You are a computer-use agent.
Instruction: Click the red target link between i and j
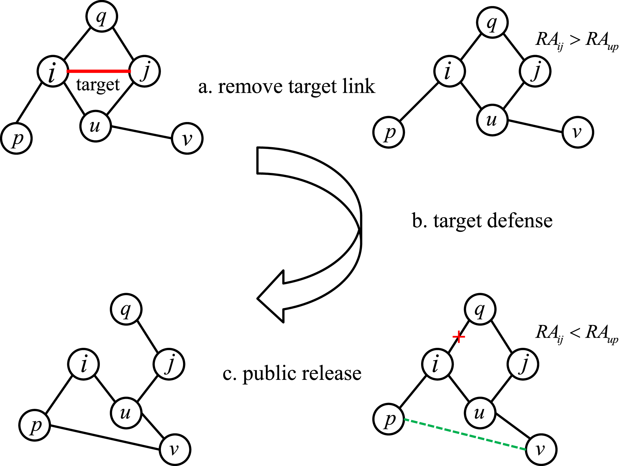tap(98, 71)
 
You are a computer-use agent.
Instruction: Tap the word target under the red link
tap(98, 85)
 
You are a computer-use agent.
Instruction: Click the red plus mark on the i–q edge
tap(459, 337)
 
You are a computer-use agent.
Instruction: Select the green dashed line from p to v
tap(465, 435)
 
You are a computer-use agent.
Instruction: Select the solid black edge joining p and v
tap(105, 437)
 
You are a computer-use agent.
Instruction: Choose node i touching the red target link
tap(53, 71)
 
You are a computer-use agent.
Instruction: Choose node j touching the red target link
tap(145, 71)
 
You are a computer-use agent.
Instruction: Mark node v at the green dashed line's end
tap(541, 450)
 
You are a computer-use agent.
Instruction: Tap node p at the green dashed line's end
tap(389, 419)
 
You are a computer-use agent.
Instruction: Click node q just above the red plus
tap(480, 309)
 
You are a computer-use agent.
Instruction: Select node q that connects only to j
tap(126, 309)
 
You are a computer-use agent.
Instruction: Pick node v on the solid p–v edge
tap(175, 450)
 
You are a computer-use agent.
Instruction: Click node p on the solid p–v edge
tap(35, 425)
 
